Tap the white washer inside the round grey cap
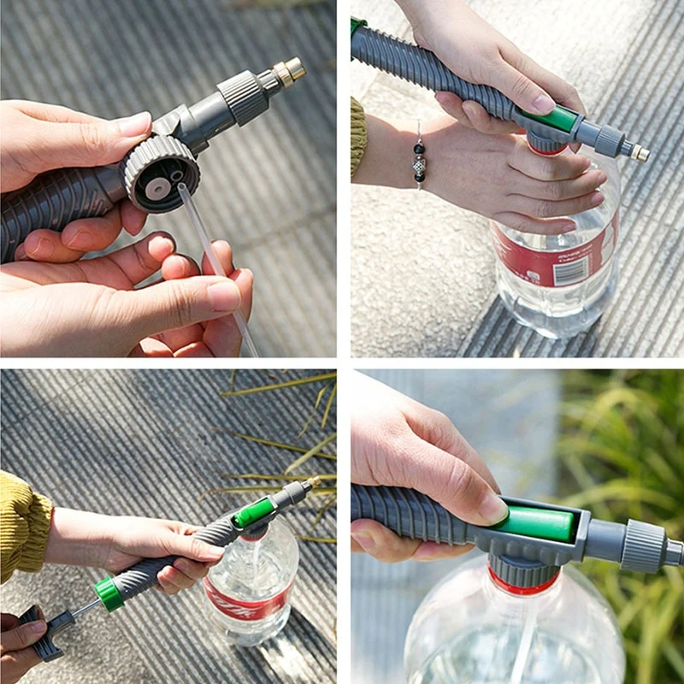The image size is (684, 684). (157, 184)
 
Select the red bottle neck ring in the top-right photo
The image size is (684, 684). (547, 150)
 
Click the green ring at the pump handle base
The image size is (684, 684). (109, 593)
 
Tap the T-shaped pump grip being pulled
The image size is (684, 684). (43, 634)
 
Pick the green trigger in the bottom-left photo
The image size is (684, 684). (254, 512)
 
